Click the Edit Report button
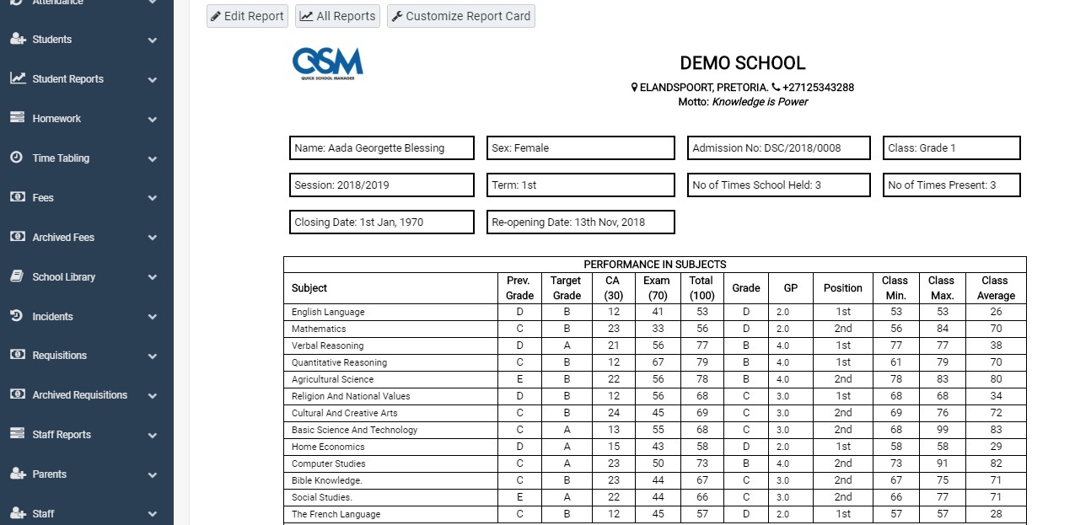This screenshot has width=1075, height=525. click(x=247, y=16)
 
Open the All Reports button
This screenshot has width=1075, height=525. click(x=337, y=16)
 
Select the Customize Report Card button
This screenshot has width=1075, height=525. click(x=460, y=16)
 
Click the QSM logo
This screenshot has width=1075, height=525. click(x=327, y=63)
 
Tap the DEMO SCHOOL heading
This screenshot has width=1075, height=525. click(x=742, y=63)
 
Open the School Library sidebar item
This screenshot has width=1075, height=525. click(x=64, y=277)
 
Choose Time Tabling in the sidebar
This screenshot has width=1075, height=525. click(x=61, y=158)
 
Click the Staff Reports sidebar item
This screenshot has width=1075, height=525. click(x=62, y=435)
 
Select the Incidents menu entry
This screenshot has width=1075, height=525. click(x=52, y=317)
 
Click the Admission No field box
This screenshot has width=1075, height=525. click(x=778, y=148)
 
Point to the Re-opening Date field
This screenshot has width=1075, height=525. click(x=580, y=222)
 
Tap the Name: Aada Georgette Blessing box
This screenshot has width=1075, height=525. click(x=381, y=148)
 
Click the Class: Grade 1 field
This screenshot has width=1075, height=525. click(x=951, y=148)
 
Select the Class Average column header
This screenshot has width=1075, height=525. click(x=995, y=288)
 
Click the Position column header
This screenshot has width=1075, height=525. click(x=842, y=288)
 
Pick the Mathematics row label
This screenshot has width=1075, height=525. click(x=319, y=329)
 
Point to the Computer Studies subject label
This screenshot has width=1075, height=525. click(x=329, y=463)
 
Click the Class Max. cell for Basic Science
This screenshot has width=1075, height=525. click(x=941, y=430)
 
